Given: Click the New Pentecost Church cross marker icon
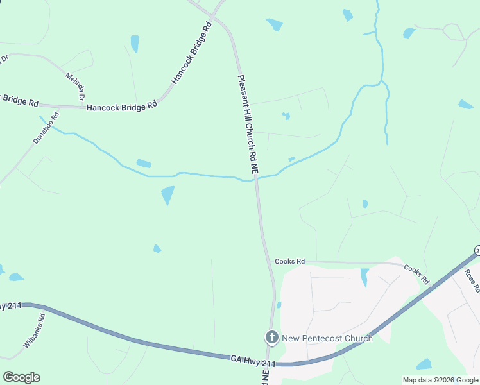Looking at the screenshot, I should coord(271,337).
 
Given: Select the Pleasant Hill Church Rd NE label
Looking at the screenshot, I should coord(248,125).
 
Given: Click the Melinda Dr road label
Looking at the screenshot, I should coord(76,87).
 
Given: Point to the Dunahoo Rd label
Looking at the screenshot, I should coord(46,128).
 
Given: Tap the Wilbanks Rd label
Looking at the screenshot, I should coord(34,330).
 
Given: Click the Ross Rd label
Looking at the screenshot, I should coord(472,281).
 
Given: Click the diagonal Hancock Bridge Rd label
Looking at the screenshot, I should coord(191,54).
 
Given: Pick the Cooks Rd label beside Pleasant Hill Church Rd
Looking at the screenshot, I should coord(289,261).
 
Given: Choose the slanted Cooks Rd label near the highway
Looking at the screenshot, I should coord(416,273).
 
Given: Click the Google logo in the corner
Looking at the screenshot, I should coord(21,377).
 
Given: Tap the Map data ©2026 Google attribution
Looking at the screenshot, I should coord(441,380).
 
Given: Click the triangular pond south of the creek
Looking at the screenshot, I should coord(167,194).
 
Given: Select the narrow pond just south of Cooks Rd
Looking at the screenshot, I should coord(364,277).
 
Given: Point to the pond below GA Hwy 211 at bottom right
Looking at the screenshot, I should coord(424,364).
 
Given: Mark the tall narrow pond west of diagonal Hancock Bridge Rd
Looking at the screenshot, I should coord(135,44).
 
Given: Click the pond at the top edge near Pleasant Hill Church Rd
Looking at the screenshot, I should coord(274,24).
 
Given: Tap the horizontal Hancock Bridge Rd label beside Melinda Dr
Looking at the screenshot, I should coord(122,107).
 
